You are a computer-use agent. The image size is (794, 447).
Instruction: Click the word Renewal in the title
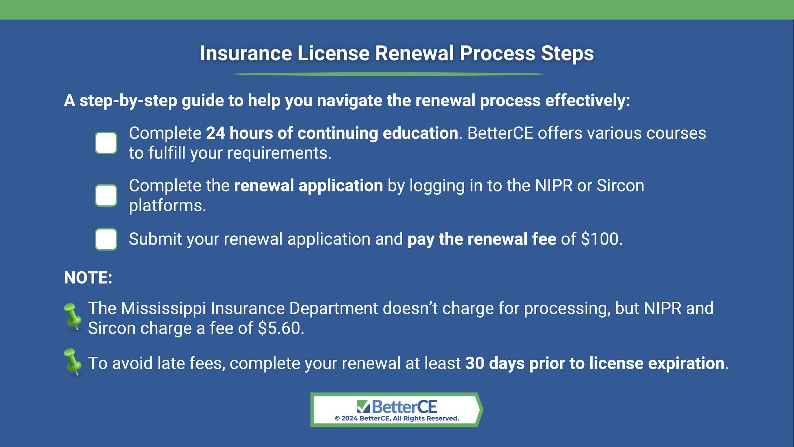(x=414, y=53)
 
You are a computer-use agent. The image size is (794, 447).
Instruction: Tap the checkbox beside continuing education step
(x=106, y=143)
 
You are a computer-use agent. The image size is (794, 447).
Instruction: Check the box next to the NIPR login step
(x=106, y=196)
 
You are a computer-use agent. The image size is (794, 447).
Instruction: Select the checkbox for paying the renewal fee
(x=106, y=239)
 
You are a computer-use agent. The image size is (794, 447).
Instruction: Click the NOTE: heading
(x=88, y=278)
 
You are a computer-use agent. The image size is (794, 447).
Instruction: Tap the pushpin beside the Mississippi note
(x=73, y=317)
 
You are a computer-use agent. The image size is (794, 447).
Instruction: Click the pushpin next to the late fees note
(x=73, y=362)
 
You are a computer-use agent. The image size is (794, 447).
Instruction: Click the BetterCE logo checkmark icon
(x=363, y=407)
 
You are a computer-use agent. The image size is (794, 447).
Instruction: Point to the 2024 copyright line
(x=397, y=418)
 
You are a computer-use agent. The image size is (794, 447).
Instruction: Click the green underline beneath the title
(x=388, y=74)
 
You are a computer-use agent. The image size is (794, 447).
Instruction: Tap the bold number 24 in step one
(x=216, y=133)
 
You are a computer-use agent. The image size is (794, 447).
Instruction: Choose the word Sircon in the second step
(x=620, y=186)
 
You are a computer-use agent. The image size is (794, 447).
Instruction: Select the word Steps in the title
(x=567, y=54)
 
